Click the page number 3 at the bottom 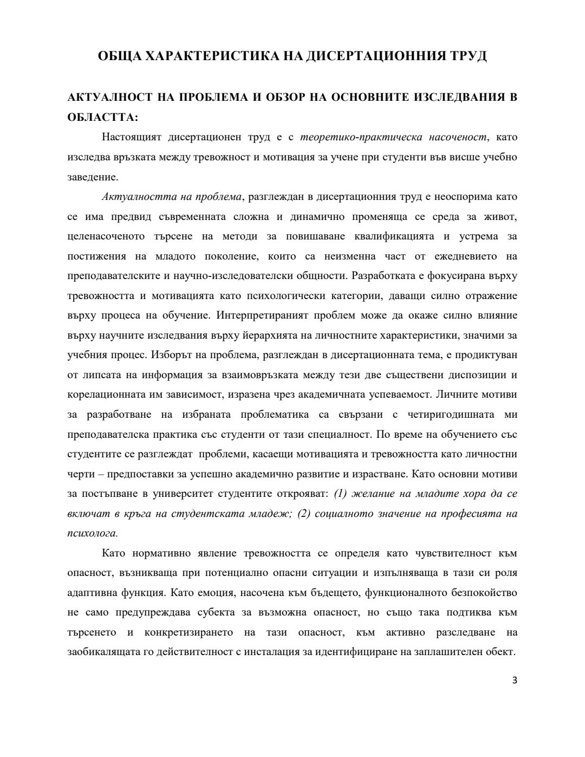click(x=515, y=681)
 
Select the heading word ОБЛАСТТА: click(x=103, y=117)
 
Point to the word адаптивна click(x=91, y=593)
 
